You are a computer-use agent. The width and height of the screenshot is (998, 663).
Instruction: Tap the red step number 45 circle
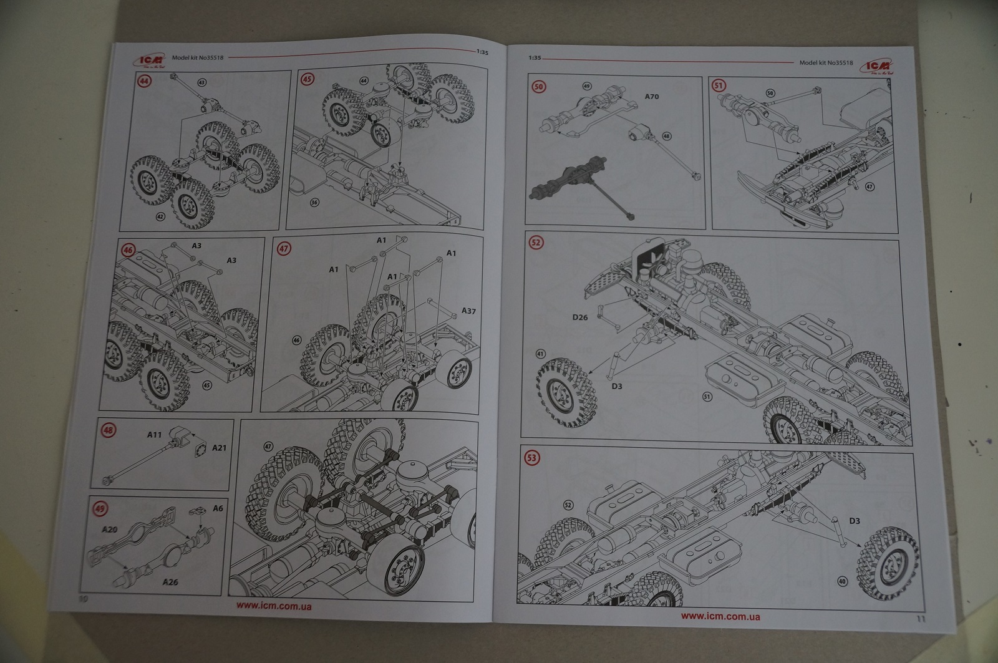[x=308, y=79]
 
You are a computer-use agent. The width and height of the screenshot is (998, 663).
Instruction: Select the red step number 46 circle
[x=128, y=250]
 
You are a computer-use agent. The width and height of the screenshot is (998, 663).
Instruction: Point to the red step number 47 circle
[x=284, y=248]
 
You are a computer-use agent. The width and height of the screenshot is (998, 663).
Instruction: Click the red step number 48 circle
[x=109, y=430]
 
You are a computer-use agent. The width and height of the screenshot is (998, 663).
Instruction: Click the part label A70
[x=651, y=97]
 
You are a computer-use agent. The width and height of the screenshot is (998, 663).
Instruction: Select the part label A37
[x=468, y=310]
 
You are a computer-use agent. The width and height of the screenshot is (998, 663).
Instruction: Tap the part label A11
[x=154, y=434]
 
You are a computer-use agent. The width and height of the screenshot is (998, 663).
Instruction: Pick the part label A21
[x=219, y=447]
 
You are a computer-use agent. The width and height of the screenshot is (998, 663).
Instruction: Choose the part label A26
[x=170, y=583]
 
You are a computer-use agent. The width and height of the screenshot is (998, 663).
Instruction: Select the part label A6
[x=218, y=508]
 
